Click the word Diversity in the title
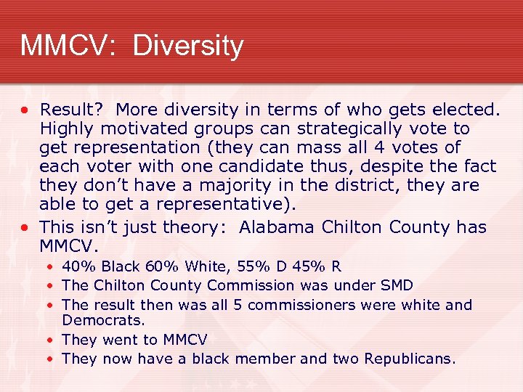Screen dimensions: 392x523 [188, 46]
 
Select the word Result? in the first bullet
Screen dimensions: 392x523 [73, 110]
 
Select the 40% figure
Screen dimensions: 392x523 [76, 267]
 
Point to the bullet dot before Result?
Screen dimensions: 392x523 [25, 111]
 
